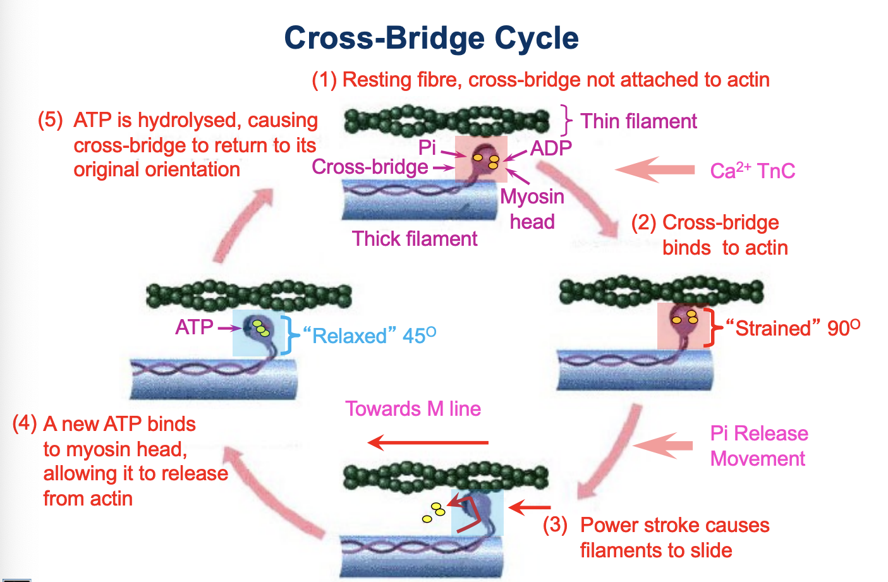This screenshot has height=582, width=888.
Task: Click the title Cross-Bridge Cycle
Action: coord(431,38)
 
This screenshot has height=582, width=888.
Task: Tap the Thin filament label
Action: coord(638,121)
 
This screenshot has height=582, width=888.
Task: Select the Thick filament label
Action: coord(415,239)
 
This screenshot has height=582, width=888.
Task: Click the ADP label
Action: coord(551,149)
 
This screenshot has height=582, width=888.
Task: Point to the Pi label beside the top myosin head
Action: coord(427,148)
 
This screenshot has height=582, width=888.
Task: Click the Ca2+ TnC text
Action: coord(752,171)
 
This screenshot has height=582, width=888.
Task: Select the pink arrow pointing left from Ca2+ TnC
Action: coord(655,169)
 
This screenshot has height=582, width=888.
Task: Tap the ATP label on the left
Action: coord(195,327)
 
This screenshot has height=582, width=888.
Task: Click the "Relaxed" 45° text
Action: coord(370,336)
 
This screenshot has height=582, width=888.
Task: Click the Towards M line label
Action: coord(413,409)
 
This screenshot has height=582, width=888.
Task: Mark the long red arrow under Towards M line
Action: coord(429,442)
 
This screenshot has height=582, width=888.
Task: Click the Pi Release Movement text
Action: coord(758,446)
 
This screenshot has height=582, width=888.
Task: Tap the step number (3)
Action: coord(555,525)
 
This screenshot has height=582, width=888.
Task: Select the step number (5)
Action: coord(51,120)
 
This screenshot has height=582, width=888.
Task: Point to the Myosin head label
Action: coord(532,209)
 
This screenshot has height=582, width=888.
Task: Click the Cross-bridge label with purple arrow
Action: coord(370,167)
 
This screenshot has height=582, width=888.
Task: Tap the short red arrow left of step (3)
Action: coord(530,507)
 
